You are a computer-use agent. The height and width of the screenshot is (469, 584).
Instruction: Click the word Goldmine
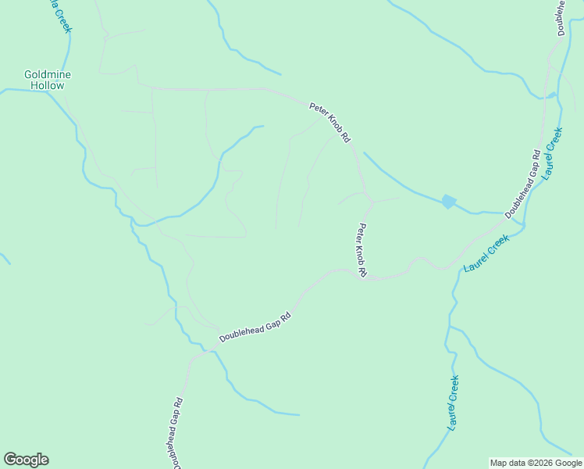(x=48, y=75)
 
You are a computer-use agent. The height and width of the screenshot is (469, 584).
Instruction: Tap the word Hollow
(x=48, y=85)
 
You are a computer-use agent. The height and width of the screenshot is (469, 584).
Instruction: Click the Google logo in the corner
(x=26, y=460)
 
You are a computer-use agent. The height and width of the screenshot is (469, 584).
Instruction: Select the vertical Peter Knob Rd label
(x=362, y=251)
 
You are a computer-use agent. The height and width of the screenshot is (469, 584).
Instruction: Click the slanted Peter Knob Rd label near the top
(x=329, y=122)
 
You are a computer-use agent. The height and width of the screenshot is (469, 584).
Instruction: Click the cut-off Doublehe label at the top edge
(x=561, y=17)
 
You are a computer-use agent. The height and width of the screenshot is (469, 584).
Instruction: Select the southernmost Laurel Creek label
(x=453, y=403)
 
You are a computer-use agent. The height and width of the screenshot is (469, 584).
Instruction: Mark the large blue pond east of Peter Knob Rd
(x=448, y=202)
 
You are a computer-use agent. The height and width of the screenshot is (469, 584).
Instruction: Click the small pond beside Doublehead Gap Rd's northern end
(x=553, y=95)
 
